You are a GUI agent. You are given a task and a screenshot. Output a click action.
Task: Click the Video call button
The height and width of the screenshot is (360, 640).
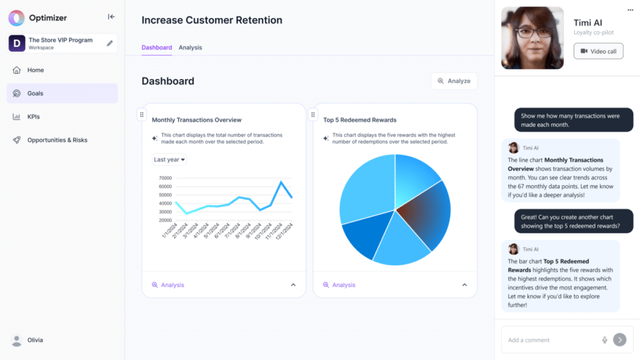(x=598, y=51)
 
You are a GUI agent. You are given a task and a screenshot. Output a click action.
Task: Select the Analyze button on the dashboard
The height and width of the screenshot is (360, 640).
(x=454, y=81)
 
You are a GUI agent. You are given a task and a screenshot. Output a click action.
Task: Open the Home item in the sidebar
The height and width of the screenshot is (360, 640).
(x=35, y=70)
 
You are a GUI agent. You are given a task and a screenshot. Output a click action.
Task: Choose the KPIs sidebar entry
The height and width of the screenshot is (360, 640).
(x=33, y=116)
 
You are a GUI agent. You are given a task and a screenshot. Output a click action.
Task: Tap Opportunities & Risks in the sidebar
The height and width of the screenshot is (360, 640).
(x=57, y=140)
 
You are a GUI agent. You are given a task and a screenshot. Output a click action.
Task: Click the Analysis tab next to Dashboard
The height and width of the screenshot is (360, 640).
(x=190, y=47)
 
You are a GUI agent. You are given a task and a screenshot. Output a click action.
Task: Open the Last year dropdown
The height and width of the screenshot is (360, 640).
(x=169, y=159)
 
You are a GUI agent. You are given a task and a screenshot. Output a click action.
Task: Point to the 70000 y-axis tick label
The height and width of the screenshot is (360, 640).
(x=162, y=177)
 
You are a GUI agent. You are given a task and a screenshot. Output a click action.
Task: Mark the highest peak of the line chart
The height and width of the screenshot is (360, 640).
(x=281, y=182)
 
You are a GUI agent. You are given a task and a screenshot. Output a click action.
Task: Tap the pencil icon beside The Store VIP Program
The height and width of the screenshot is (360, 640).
(x=110, y=43)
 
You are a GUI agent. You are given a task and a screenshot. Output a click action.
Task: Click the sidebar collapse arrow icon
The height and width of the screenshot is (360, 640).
(x=111, y=17)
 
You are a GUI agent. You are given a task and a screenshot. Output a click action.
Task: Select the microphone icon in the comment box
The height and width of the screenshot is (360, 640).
(x=604, y=340)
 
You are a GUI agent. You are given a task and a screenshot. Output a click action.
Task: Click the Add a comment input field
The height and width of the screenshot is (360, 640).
(x=550, y=340)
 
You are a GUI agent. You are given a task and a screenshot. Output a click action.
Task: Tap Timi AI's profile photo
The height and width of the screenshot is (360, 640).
(x=532, y=37)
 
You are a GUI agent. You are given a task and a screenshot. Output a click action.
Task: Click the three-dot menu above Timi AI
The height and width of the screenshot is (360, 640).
(x=630, y=10)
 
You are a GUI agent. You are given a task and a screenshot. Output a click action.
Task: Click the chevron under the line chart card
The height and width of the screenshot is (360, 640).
(x=293, y=285)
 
